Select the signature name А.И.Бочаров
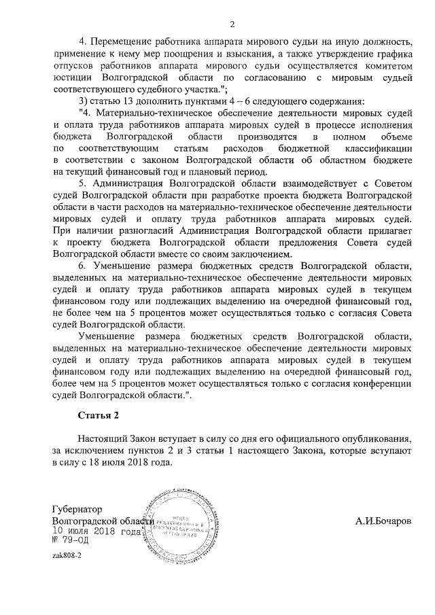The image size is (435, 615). pos(383,521)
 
